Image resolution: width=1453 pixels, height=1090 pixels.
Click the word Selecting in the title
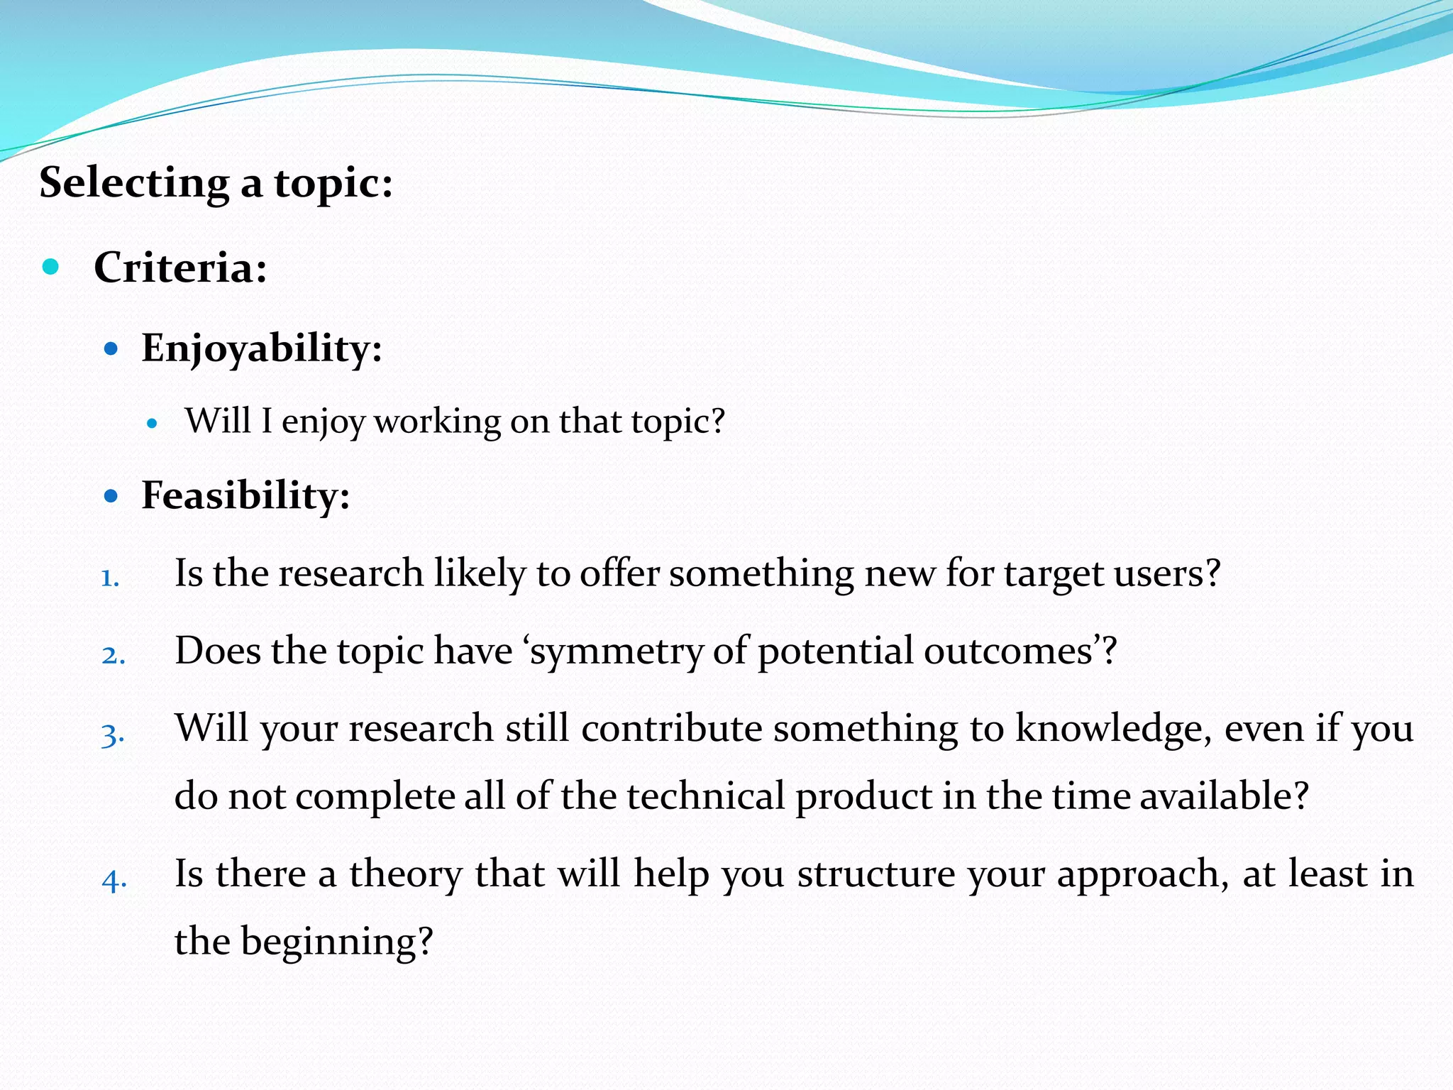[133, 183]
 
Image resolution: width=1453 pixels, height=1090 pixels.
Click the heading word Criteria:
[180, 268]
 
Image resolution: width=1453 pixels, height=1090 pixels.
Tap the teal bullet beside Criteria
[50, 267]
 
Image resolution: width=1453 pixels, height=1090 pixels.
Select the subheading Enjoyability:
[262, 348]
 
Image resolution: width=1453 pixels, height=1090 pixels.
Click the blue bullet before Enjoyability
[111, 348]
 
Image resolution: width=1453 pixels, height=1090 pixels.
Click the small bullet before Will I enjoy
[151, 424]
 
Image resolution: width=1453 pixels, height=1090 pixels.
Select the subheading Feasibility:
[245, 495]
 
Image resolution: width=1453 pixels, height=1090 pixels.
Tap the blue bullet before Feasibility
[111, 495]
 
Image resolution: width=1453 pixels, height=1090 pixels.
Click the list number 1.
[109, 578]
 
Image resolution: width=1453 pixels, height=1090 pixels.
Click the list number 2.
[113, 655]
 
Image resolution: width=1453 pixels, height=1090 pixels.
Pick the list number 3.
[113, 734]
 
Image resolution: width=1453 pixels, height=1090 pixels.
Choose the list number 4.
[114, 881]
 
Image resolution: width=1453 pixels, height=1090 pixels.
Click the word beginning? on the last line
[336, 942]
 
